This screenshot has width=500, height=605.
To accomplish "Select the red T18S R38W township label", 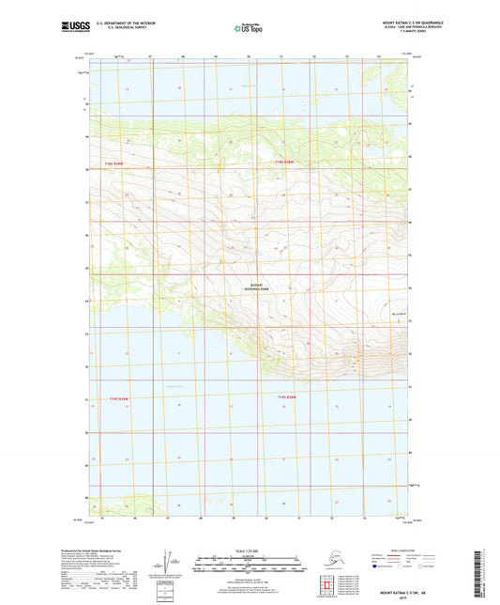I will coord(284,163).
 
